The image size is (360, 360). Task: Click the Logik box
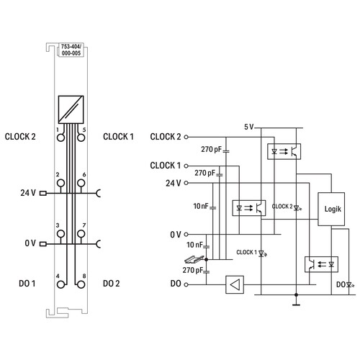pos(331,209)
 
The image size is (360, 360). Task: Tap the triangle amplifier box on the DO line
pos(235,284)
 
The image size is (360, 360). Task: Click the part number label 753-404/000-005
pos(71,50)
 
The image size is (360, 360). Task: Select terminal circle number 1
pos(61,138)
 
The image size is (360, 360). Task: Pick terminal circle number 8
pos(81,284)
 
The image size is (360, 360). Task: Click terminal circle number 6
pos(81,183)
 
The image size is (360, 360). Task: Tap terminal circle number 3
pos(61,233)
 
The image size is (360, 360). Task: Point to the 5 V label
pos(249,127)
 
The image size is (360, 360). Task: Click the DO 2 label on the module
pos(111,284)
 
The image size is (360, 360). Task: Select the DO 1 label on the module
pos(27,284)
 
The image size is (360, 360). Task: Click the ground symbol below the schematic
pos(296,305)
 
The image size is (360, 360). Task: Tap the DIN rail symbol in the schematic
pos(194,259)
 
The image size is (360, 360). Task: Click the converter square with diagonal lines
pos(71,109)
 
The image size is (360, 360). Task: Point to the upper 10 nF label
pos(201,206)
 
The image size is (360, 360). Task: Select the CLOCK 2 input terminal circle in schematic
pos(186,137)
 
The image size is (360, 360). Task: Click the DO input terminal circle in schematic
pos(186,284)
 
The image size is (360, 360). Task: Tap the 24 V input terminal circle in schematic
pos(186,183)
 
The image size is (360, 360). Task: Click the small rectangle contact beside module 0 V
pos(43,244)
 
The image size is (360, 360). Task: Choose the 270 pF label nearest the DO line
pos(192,270)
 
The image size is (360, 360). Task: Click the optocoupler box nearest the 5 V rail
pos(284,151)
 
